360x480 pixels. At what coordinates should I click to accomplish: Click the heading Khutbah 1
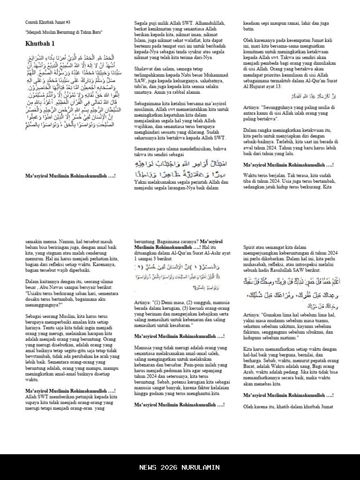click(40, 44)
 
